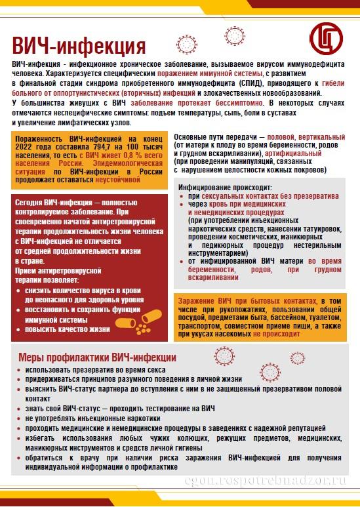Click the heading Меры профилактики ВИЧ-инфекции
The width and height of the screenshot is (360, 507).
pos(97,357)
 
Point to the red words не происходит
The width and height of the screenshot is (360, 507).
pos(276,333)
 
